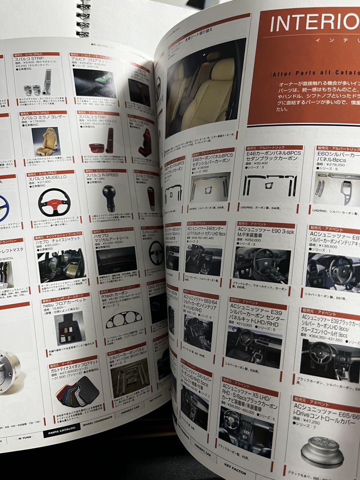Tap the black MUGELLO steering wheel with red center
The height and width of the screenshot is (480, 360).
(x=54, y=202)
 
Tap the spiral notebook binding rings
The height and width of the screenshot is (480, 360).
(x=83, y=18)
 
